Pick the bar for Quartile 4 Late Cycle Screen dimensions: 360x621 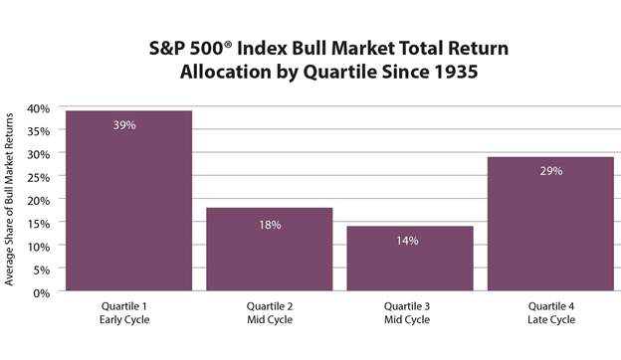(x=550, y=225)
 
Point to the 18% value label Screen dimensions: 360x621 (x=269, y=225)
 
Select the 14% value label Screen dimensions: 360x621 (x=409, y=242)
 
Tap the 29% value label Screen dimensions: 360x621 (x=550, y=171)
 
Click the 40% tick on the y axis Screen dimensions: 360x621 (x=37, y=108)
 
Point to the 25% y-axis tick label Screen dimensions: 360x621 (x=37, y=177)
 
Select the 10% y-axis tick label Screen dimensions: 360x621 (x=37, y=246)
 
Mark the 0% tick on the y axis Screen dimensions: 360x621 (x=41, y=292)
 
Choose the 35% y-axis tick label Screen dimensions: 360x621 (x=37, y=131)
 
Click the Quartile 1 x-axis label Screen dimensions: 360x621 (x=128, y=307)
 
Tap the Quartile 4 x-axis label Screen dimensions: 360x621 (x=550, y=307)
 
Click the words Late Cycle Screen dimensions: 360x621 (x=550, y=320)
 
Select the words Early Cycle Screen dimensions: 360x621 (x=128, y=320)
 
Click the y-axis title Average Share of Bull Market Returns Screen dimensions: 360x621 (x=11, y=199)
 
